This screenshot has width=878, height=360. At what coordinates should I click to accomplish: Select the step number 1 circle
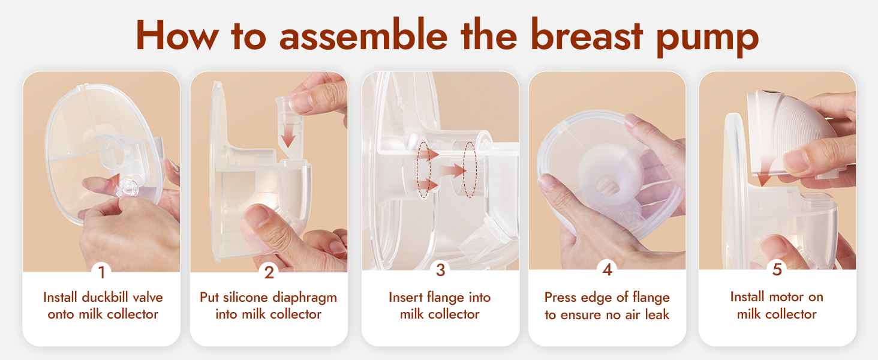[x=101, y=272]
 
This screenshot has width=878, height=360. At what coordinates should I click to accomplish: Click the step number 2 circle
[x=269, y=272]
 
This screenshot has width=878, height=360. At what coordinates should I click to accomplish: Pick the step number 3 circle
[x=440, y=271]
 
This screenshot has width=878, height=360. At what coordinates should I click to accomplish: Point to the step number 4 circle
[x=607, y=271]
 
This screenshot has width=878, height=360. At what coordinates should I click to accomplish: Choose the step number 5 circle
[x=777, y=271]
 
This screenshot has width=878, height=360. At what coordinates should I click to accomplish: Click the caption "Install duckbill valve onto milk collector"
[x=103, y=305]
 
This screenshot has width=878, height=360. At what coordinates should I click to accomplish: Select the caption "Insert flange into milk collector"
[x=440, y=305]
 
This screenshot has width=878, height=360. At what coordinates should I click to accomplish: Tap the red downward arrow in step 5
[x=763, y=179]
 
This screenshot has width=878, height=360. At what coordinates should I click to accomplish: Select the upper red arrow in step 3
[x=428, y=155]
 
